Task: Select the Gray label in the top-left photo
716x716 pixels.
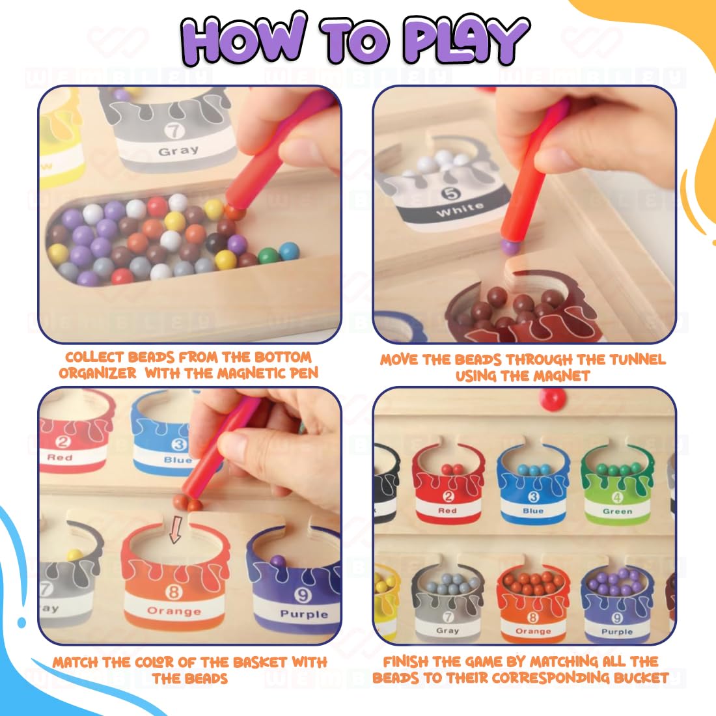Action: coord(178,150)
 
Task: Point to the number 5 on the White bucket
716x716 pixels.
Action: coord(450,193)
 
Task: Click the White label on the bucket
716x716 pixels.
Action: coord(460,210)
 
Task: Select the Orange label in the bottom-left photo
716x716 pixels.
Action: coord(174,611)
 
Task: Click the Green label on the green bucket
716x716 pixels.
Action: coord(617,512)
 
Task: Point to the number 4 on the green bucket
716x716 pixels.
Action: coord(617,498)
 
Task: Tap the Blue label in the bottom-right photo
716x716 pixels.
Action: coord(533,511)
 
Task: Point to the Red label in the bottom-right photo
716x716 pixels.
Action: coord(447,511)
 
